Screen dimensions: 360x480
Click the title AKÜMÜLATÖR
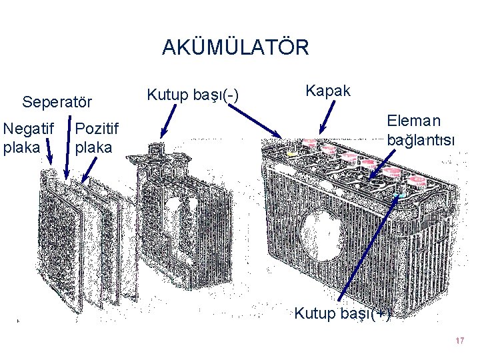[235, 48]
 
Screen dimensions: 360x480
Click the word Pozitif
[98, 127]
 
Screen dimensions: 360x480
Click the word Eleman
[414, 121]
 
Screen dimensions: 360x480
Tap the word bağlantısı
[421, 140]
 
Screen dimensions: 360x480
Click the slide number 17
[459, 341]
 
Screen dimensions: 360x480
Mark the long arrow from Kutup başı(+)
[370, 247]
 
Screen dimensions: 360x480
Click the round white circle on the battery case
[321, 231]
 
